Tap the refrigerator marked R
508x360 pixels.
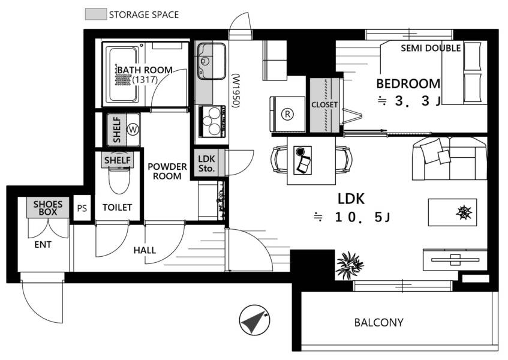(287, 114)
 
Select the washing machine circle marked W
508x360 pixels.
(133, 130)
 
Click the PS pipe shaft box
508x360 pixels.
(82, 208)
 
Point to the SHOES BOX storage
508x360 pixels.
(47, 208)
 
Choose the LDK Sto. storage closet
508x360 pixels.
(206, 163)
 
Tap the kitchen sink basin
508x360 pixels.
(212, 61)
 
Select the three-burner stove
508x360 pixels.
(212, 121)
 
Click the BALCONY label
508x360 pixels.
(378, 322)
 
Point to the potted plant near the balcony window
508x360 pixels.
(349, 265)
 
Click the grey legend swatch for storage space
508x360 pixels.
(96, 14)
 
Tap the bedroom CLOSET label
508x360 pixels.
(324, 104)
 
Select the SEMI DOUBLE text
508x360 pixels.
(431, 48)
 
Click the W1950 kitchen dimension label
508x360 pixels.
(236, 91)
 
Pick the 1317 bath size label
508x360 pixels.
(145, 79)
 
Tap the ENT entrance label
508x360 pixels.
(43, 244)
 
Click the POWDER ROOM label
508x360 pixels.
(167, 171)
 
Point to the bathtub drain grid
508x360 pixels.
(123, 79)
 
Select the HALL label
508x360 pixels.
(145, 250)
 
